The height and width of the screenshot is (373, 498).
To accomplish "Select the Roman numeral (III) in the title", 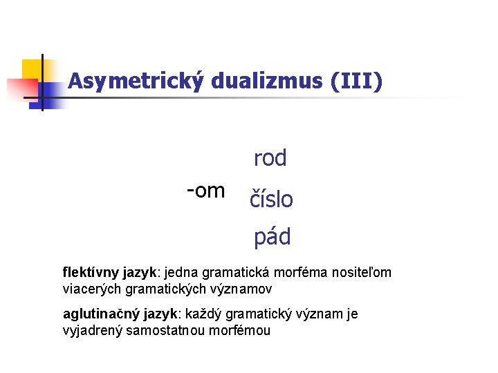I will (x=356, y=82).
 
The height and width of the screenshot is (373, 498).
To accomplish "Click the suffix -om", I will (x=205, y=189).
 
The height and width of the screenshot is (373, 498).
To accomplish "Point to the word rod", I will (x=270, y=158).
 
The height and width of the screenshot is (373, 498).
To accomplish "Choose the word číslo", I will (x=270, y=200).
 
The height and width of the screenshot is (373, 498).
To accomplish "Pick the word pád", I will (x=272, y=238).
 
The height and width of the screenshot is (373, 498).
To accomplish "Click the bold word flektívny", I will (x=92, y=273).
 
